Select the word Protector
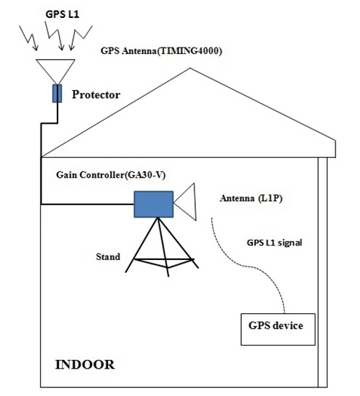coord(96,94)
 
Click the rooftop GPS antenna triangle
coord(55,68)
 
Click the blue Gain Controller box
coord(153,204)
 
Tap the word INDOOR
coord(85,364)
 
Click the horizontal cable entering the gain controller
coord(86,204)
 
